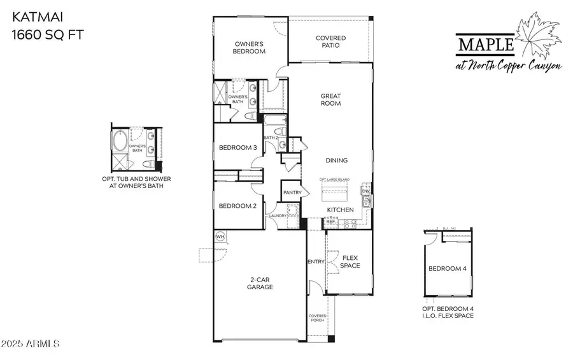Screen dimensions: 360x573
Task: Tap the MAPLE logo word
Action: point(486,44)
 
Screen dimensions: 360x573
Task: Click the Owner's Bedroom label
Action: point(250,48)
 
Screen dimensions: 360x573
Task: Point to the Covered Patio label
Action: point(331,42)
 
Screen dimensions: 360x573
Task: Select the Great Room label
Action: point(330,99)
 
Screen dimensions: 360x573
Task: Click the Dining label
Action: point(336,161)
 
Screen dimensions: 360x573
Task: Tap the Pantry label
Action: point(292,192)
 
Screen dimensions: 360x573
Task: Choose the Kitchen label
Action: point(340,210)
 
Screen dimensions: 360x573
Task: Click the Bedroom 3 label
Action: point(237,148)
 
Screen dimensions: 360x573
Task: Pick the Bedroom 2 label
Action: point(237,206)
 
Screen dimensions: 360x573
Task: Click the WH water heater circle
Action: point(221,236)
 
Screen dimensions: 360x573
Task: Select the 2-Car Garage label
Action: point(260,283)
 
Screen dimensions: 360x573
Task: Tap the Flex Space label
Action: point(350,262)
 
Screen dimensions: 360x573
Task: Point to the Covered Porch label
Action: point(317,319)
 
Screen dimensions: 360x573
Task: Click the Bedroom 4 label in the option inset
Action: point(447,269)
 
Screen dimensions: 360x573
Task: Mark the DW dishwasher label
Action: point(365,191)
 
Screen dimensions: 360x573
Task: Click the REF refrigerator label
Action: point(331,222)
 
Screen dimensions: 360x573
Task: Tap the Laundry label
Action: point(278,216)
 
